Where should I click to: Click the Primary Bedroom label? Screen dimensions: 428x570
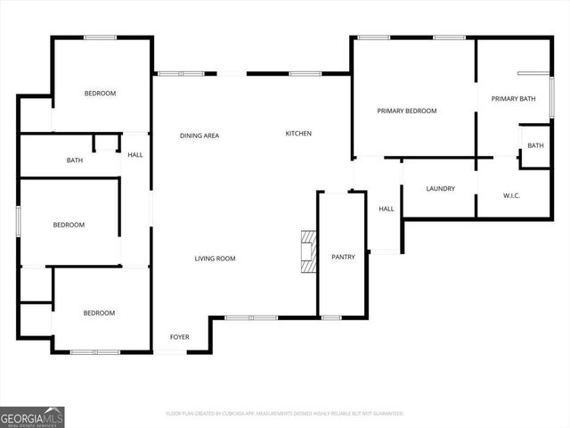407,111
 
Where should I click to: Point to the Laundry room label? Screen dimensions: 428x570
441,188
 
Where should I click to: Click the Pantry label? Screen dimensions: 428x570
343,257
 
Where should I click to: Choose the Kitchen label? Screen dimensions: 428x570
298,134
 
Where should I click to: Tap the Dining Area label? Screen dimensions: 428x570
199,136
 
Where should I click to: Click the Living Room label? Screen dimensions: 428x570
215,259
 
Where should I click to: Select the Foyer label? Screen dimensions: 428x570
180,338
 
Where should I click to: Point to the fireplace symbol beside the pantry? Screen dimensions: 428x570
308,251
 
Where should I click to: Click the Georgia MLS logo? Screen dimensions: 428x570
32,416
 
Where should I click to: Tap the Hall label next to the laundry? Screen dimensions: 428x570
387,209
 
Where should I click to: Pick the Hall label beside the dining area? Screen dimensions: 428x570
135,155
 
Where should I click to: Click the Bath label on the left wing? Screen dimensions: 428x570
75,160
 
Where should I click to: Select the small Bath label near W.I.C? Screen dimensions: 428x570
535,145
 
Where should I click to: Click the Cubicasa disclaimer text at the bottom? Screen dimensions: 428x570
285,414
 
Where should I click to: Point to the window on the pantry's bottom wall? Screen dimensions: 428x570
330,317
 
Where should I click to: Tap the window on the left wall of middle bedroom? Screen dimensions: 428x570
18,222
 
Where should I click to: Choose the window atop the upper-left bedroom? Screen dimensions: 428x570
100,37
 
